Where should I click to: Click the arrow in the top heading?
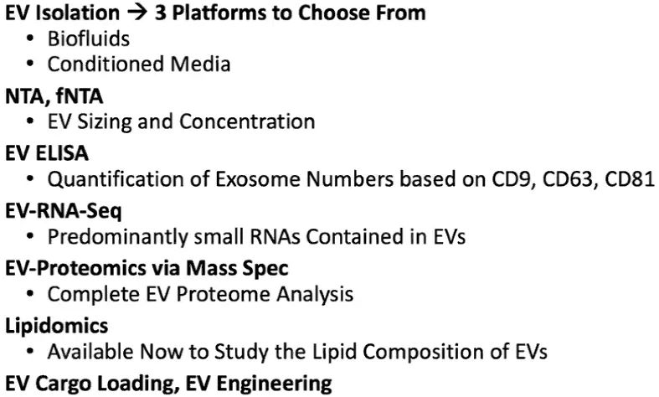point(137,13)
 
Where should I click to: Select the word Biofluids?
point(89,39)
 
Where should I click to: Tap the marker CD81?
point(629,179)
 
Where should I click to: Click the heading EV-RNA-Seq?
point(64,211)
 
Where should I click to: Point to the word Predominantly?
point(118,237)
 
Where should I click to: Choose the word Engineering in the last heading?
point(274,384)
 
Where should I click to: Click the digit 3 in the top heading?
point(160,13)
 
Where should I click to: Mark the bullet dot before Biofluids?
point(29,39)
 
